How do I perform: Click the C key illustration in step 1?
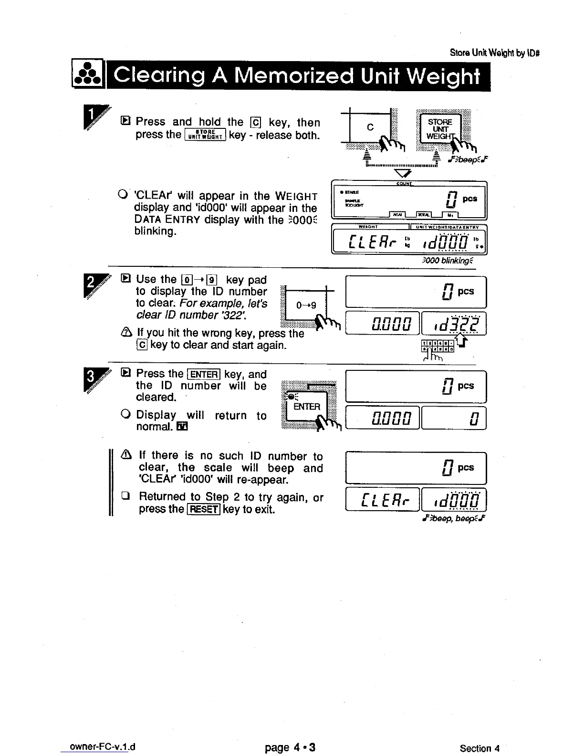click(370, 127)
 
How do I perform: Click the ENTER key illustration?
click(307, 406)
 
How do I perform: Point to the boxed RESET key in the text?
click(204, 509)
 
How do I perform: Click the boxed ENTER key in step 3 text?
click(204, 374)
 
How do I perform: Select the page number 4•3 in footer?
click(290, 747)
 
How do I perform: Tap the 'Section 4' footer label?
click(480, 748)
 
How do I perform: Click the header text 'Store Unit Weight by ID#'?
click(495, 52)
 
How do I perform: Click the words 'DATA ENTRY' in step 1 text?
click(167, 220)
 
